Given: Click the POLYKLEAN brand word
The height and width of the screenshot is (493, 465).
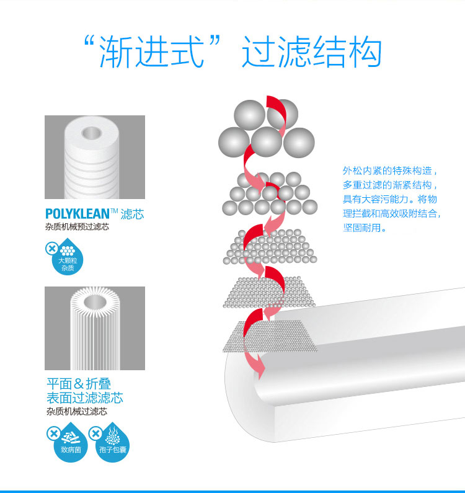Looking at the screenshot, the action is pyautogui.click(x=77, y=214).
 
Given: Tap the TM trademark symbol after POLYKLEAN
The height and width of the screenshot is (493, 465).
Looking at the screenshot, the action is pyautogui.click(x=114, y=211).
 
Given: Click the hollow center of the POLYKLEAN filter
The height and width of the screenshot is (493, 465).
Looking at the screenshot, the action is pyautogui.click(x=91, y=133).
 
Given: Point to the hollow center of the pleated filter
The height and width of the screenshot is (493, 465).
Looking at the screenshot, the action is pyautogui.click(x=95, y=302).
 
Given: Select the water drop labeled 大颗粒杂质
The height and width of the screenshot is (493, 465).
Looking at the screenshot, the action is pyautogui.click(x=68, y=257).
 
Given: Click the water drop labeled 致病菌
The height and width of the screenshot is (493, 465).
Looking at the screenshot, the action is pyautogui.click(x=71, y=443).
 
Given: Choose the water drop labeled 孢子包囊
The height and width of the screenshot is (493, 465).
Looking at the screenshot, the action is pyautogui.click(x=113, y=443).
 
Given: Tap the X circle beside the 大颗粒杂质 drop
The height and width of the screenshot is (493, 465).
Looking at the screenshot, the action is pyautogui.click(x=52, y=249).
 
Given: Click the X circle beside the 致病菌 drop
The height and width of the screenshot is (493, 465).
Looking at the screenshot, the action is pyautogui.click(x=53, y=433).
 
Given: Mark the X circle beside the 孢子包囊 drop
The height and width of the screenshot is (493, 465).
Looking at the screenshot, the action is pyautogui.click(x=95, y=433).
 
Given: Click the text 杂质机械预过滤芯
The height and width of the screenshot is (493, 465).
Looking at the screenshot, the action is pyautogui.click(x=77, y=227).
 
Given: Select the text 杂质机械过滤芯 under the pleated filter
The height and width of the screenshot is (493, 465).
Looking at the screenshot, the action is pyautogui.click(x=77, y=411).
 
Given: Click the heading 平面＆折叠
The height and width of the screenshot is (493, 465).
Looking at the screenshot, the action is pyautogui.click(x=79, y=384).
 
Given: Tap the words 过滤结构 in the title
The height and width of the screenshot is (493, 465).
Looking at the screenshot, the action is pyautogui.click(x=312, y=51).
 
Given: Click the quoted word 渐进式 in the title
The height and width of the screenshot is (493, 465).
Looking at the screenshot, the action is pyautogui.click(x=151, y=51).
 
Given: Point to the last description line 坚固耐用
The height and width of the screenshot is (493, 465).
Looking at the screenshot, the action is pyautogui.click(x=365, y=228).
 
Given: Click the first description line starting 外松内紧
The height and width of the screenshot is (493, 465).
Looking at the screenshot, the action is pyautogui.click(x=390, y=171).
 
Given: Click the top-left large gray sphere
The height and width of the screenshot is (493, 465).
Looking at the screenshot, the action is pyautogui.click(x=250, y=115).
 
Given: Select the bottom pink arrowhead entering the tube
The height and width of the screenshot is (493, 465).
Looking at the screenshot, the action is pyautogui.click(x=259, y=366).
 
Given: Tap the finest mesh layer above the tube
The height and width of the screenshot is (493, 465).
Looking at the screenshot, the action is pyautogui.click(x=270, y=337).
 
